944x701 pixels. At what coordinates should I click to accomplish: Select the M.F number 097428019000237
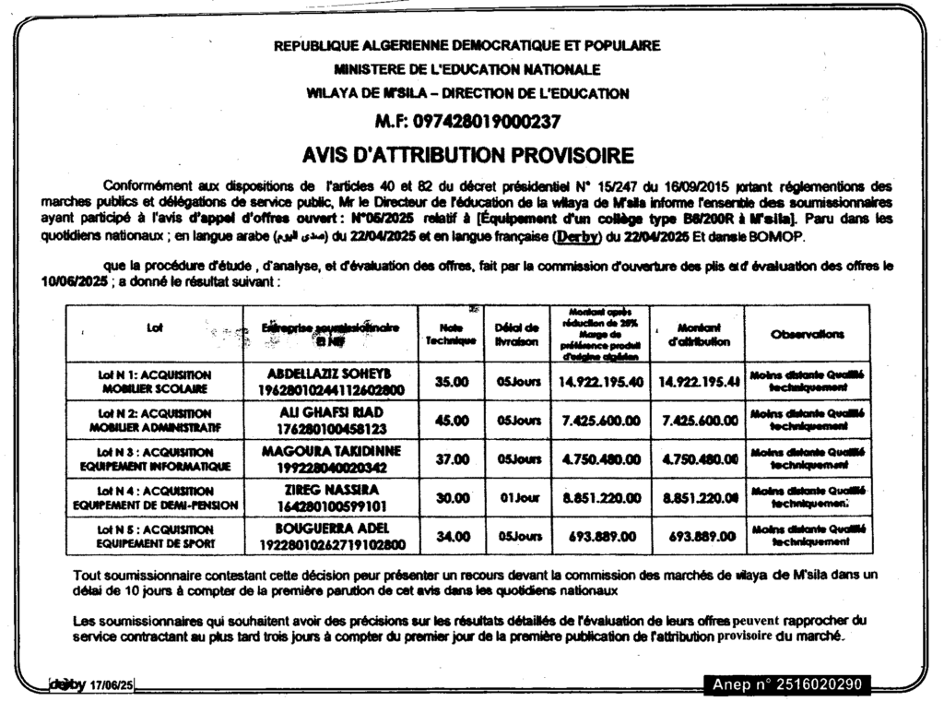pyautogui.click(x=474, y=122)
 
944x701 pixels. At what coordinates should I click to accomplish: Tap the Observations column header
pyautogui.click(x=807, y=334)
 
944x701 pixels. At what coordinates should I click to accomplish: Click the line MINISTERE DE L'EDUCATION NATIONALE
pyautogui.click(x=467, y=69)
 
